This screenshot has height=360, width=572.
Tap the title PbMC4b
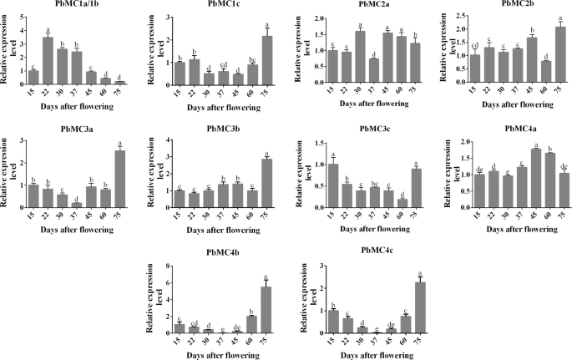(200, 255)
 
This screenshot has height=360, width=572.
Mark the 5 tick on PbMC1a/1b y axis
(21, 16)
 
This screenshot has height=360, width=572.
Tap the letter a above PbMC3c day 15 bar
(332, 155)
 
